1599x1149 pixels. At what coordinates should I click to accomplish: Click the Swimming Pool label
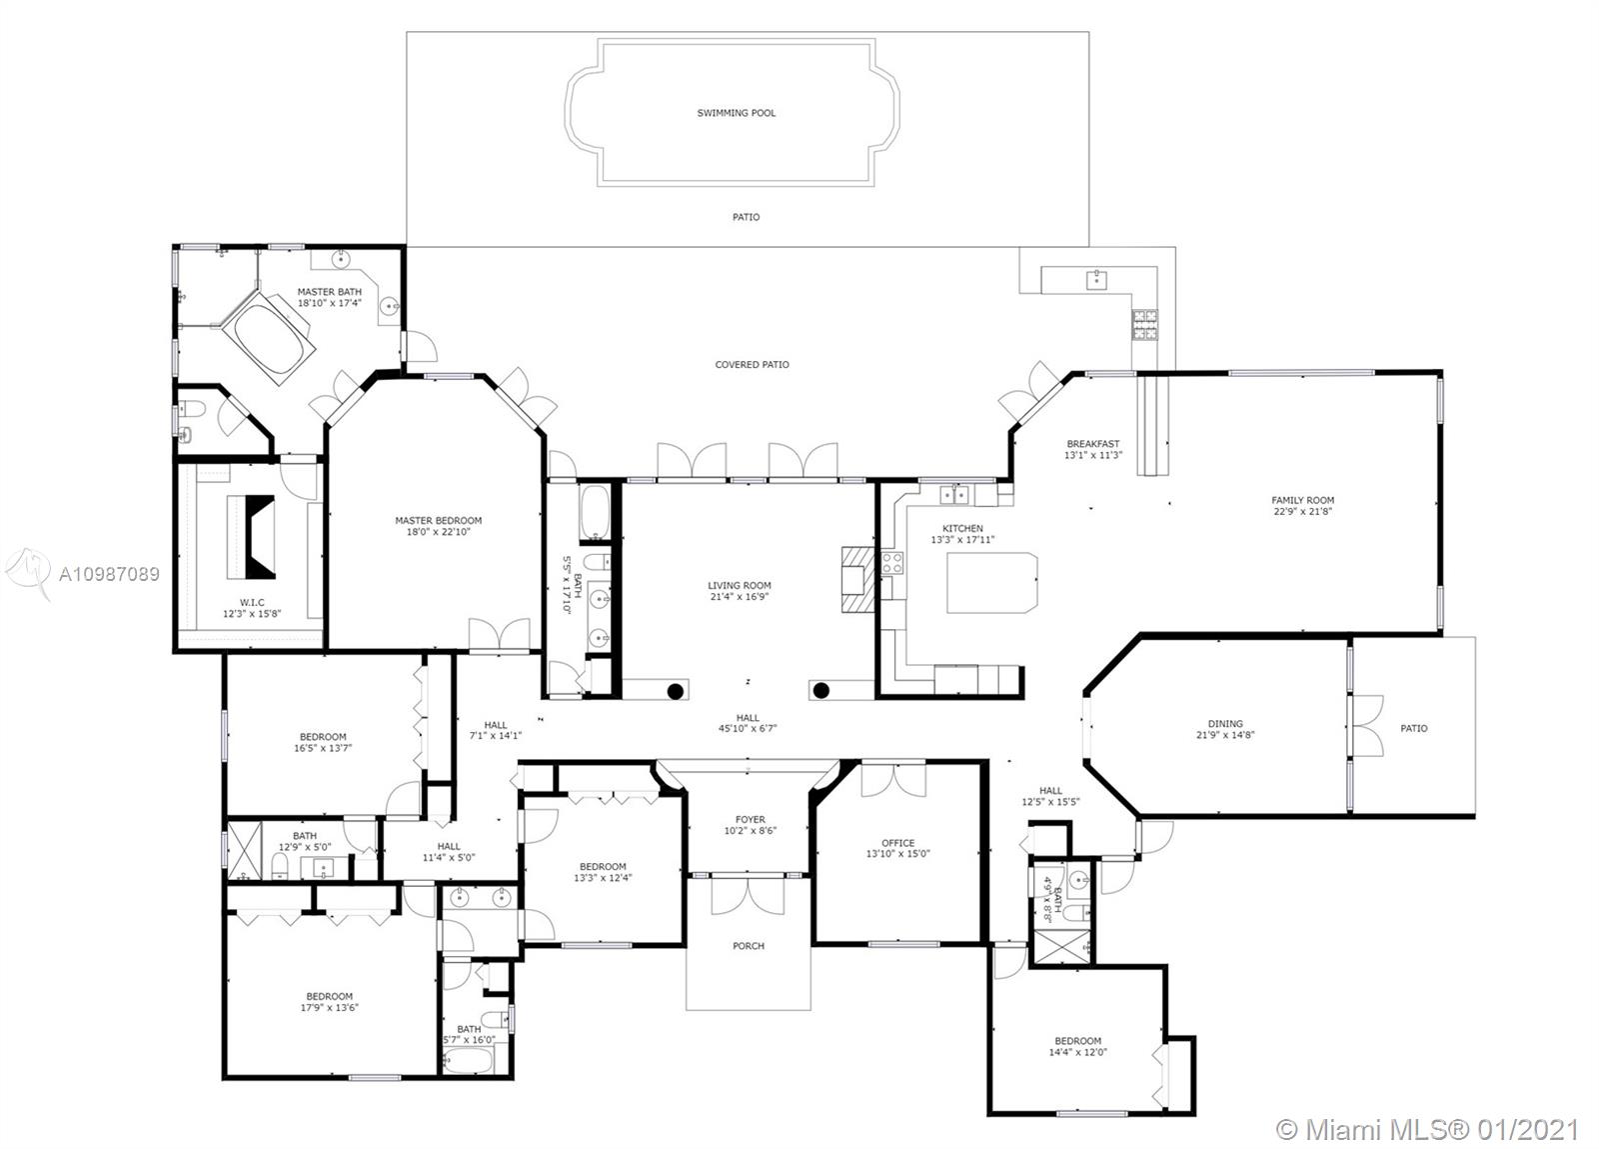[736, 113]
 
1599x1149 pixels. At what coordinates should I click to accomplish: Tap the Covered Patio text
[752, 364]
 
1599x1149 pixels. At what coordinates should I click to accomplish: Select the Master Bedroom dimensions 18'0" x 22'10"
[439, 531]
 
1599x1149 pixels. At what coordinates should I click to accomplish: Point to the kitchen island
[991, 582]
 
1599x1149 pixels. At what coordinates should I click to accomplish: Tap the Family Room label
[1303, 500]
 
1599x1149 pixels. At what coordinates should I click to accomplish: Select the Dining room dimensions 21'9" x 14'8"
[1225, 734]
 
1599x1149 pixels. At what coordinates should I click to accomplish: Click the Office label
[898, 843]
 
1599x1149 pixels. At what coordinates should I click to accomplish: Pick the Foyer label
[750, 819]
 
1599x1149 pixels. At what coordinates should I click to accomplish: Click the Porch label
[749, 945]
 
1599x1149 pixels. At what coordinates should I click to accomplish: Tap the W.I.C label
[252, 602]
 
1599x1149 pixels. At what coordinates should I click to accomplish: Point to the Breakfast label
[1093, 443]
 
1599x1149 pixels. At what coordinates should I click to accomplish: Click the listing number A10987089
[109, 574]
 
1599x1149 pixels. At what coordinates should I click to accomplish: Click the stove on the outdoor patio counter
[1144, 324]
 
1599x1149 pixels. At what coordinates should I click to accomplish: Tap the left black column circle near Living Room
[676, 691]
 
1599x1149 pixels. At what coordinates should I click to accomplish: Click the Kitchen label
[962, 528]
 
